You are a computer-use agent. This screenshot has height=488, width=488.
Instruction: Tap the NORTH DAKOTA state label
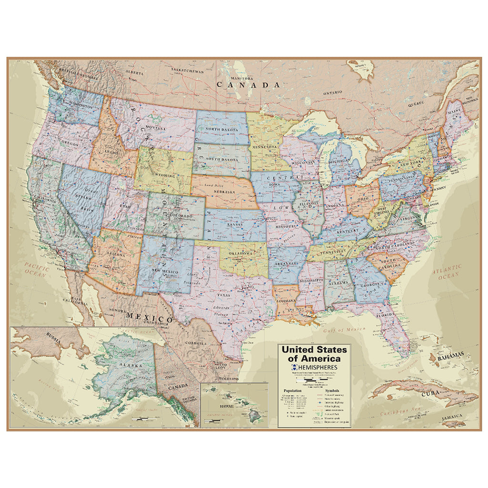tap(223, 129)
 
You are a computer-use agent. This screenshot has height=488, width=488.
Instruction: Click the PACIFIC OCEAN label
tap(36, 272)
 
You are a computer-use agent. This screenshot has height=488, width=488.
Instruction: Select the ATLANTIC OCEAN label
tap(447, 272)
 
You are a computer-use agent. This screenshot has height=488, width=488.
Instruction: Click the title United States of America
tap(314, 354)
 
